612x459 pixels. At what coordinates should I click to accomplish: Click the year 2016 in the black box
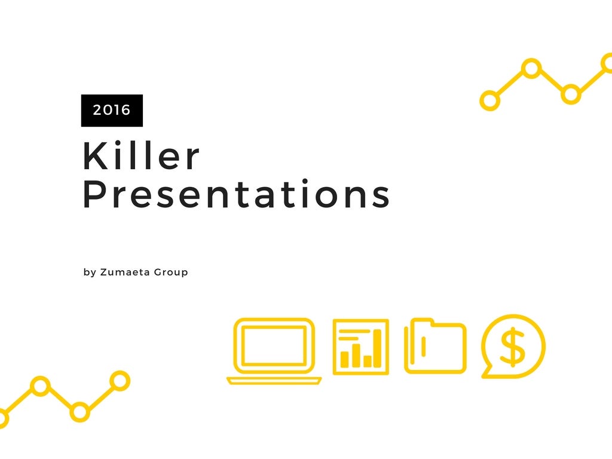coord(112,110)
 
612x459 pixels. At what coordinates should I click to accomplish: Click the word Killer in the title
coord(141,155)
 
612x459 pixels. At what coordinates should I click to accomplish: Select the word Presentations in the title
coord(236,194)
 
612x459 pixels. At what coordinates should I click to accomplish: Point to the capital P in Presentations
coord(95,194)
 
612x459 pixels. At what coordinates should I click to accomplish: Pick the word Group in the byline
coord(171,273)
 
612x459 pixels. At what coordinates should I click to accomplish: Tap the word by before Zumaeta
coord(90,273)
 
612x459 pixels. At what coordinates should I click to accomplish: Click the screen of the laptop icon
coord(274,345)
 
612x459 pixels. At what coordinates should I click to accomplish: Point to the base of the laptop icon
coord(274,381)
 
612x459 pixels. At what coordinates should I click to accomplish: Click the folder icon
coord(435,346)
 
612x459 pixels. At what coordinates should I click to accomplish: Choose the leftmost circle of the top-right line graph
coord(490,100)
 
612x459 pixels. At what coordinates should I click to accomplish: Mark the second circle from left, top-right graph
coord(531,69)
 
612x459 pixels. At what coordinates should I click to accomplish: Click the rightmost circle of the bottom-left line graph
coord(120,381)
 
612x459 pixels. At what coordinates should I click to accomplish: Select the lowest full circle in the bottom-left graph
coord(79,412)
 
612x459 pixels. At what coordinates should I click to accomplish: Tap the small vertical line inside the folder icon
coord(424,347)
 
